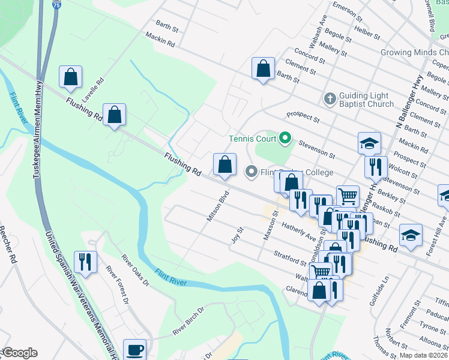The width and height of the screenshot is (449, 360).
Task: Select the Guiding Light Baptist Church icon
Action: tap(330, 98)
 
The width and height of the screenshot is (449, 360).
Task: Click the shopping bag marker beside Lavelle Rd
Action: tap(70, 77)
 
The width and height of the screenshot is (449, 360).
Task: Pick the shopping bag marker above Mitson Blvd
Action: tap(224, 164)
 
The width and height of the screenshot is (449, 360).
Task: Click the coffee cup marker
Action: tap(134, 349)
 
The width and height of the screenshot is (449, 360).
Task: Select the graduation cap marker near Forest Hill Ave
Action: tap(411, 235)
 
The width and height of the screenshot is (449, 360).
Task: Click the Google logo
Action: tap(20, 353)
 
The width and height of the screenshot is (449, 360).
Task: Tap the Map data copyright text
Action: tap(424, 355)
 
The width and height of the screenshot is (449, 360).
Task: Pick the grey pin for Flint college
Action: tap(252, 172)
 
